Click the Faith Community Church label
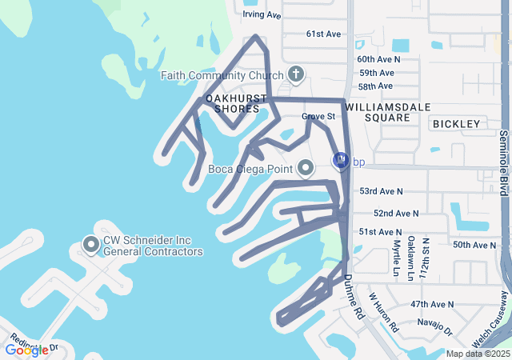click(x=222, y=76)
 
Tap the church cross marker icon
click(x=295, y=76)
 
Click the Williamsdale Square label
click(x=376, y=111)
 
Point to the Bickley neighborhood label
click(x=456, y=124)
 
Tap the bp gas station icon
click(x=340, y=162)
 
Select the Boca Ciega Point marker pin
click(x=305, y=168)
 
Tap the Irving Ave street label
click(x=262, y=15)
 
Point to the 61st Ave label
click(x=323, y=34)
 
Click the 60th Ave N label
click(x=378, y=59)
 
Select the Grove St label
click(x=317, y=117)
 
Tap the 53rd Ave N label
click(x=381, y=192)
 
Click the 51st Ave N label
click(x=379, y=232)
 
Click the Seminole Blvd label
click(x=503, y=163)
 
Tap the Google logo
click(x=26, y=350)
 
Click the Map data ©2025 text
click(x=477, y=354)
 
